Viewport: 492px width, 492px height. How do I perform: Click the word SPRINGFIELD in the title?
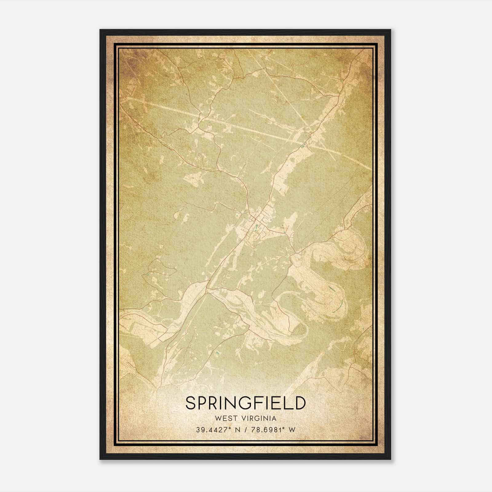pyautogui.click(x=246, y=403)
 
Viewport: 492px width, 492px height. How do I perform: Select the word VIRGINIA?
pyautogui.click(x=259, y=419)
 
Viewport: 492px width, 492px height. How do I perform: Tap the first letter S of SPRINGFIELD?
pyautogui.click(x=191, y=403)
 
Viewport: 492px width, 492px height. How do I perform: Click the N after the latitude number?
pyautogui.click(x=237, y=430)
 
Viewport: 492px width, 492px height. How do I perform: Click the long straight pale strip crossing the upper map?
pyautogui.click(x=246, y=126)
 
